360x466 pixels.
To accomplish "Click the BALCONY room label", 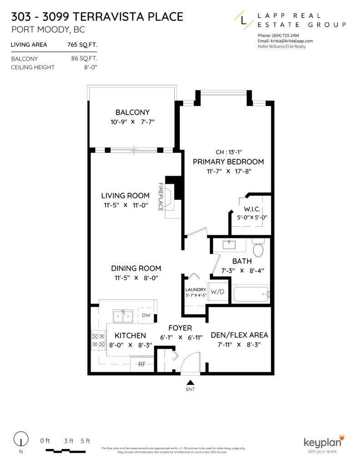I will (x=132, y=112).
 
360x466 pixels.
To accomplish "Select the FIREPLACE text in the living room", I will (x=161, y=197).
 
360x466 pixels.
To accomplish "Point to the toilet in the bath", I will (x=258, y=249).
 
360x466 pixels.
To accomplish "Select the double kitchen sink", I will (x=123, y=314).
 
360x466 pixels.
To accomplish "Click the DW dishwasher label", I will (x=146, y=315).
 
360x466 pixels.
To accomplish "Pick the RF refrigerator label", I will (x=142, y=364).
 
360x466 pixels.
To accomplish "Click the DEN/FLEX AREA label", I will (x=239, y=335).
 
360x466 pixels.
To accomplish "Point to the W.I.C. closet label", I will (x=252, y=209).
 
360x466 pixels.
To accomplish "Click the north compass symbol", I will (x=20, y=441).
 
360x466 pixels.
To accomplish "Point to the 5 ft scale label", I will (x=85, y=441).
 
